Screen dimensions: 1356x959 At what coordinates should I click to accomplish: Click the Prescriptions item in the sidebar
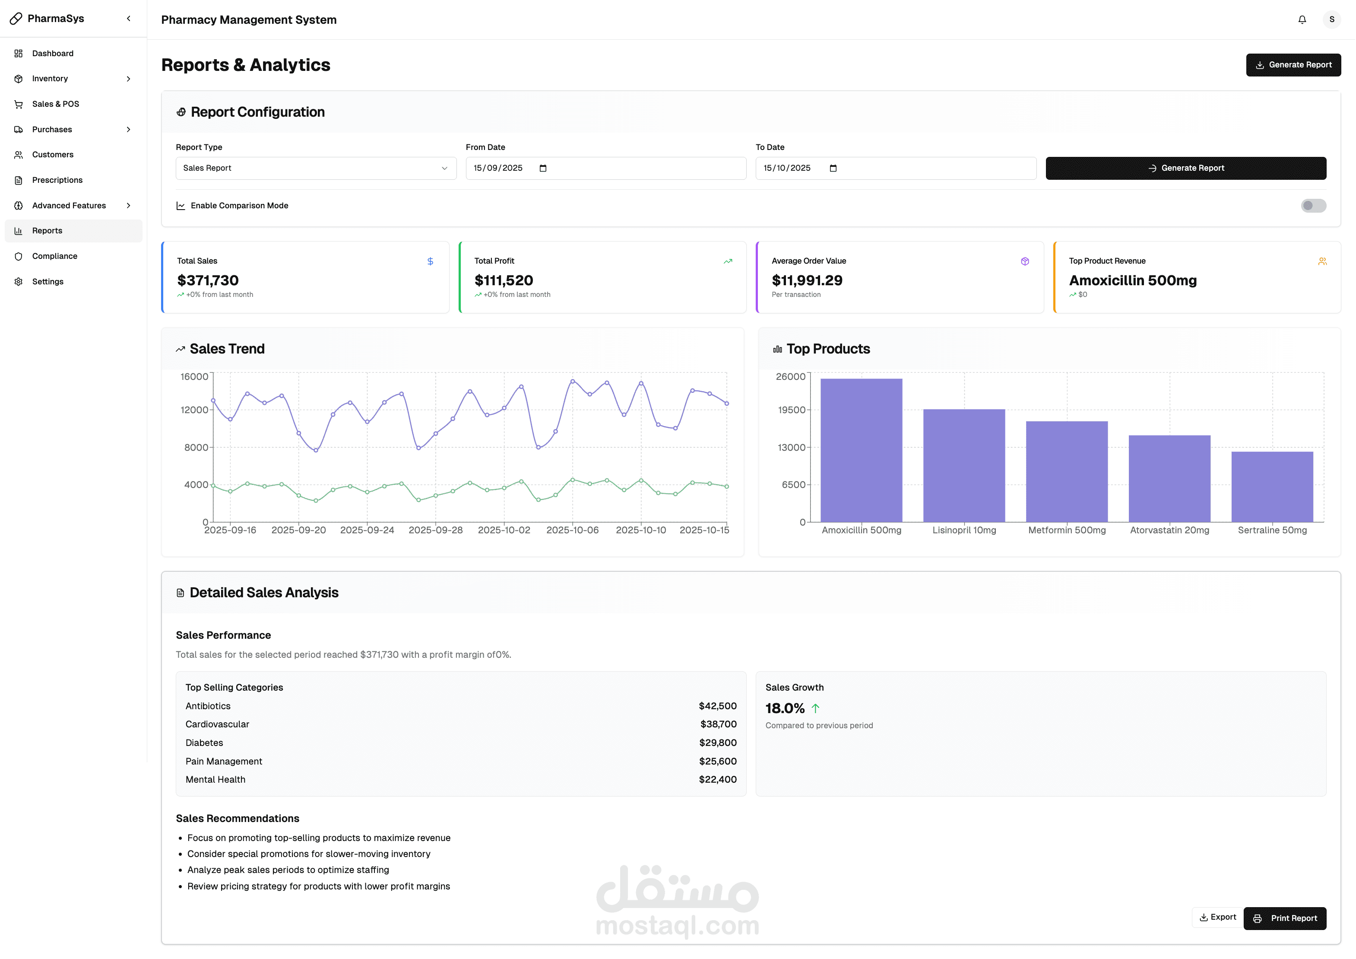click(x=57, y=180)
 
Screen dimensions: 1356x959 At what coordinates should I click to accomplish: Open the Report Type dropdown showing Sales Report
click(x=316, y=169)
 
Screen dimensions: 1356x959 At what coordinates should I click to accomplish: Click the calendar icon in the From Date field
click(x=543, y=169)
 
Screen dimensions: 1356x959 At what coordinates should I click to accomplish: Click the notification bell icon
click(x=1302, y=19)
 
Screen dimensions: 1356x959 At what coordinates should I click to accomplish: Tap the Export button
click(x=1217, y=918)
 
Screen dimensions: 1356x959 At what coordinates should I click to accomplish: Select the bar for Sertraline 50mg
click(x=1272, y=487)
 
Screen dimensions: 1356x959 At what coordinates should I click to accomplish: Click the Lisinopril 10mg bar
click(x=964, y=465)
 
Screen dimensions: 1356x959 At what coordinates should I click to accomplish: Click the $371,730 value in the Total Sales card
click(x=208, y=280)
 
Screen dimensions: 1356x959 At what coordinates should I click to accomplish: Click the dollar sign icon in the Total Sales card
click(x=430, y=261)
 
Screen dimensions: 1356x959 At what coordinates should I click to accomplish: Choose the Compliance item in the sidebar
click(x=55, y=256)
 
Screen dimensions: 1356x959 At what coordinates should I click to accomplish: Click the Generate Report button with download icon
click(x=1293, y=65)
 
